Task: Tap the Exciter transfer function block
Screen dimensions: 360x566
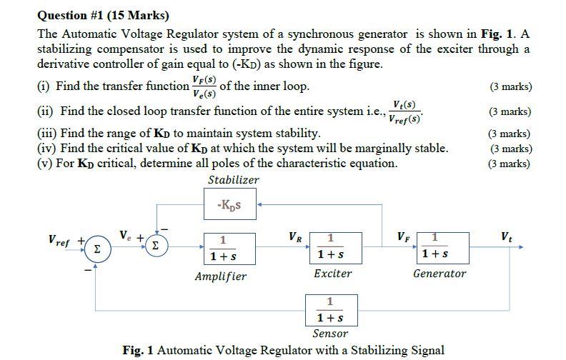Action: [331, 247]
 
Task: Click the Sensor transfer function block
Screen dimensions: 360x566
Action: [330, 309]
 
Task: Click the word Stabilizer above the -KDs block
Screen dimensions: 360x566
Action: [233, 180]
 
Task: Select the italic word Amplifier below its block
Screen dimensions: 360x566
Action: [221, 276]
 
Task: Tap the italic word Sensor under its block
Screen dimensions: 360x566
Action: [330, 334]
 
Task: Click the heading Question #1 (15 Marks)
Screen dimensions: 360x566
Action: [104, 15]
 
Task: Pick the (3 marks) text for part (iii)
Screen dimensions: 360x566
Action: [510, 134]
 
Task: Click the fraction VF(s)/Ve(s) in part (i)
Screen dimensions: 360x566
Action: [204, 86]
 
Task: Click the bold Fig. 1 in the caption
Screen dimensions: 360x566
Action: [139, 350]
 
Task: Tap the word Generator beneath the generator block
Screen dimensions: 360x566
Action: [440, 274]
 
